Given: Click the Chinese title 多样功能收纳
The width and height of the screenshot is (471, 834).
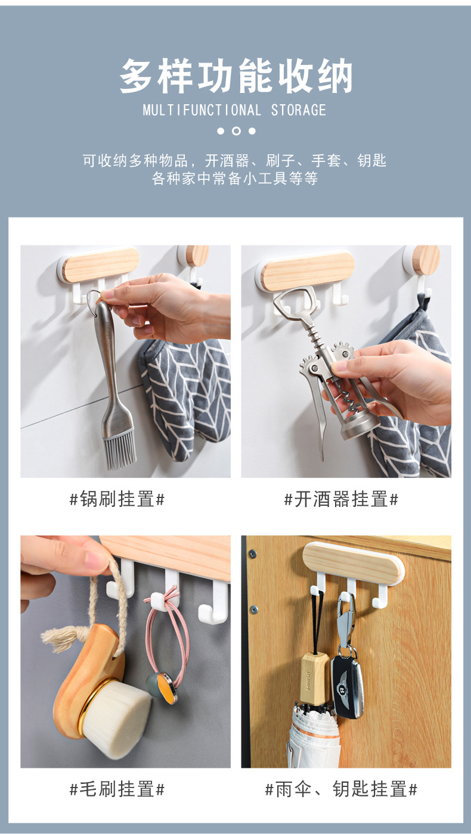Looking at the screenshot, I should pos(236,76).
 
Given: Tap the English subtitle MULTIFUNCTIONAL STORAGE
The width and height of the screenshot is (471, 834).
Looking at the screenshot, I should pos(235,110).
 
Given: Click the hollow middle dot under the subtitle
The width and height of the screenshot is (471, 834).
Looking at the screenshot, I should pos(236,131).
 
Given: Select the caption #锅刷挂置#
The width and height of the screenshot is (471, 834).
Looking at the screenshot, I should pos(117,499).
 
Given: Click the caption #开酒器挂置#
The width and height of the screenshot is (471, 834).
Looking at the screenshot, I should pos(341,499).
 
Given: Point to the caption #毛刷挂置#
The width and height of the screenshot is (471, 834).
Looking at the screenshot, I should pos(117,789).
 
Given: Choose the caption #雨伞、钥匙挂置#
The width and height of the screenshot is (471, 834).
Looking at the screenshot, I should pos(341,789).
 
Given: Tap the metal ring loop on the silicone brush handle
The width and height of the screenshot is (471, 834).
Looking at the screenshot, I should pos(94,296).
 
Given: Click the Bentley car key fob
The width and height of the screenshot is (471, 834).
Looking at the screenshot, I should pos(346,685).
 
